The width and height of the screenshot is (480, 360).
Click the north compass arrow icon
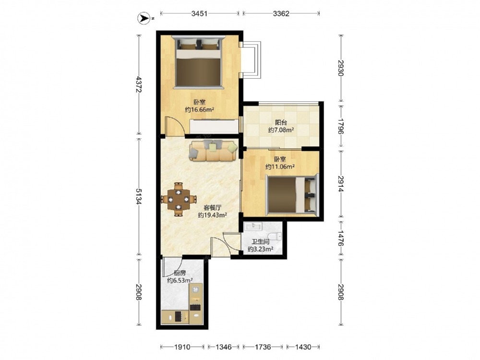(x=143, y=18)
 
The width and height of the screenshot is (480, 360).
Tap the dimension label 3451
(x=200, y=13)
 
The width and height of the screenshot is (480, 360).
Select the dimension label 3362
(x=281, y=13)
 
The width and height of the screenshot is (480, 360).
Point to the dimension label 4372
(x=139, y=84)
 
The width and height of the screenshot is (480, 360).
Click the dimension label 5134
(x=139, y=196)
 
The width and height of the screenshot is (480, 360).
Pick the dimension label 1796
(x=341, y=126)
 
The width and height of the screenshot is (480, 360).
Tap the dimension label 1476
(x=341, y=238)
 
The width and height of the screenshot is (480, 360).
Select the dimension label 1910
(x=182, y=347)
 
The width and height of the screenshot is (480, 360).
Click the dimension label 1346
(x=224, y=347)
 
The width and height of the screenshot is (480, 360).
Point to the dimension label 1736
(x=263, y=347)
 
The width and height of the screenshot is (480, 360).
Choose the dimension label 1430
(x=303, y=347)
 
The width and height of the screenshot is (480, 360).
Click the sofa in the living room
(x=214, y=150)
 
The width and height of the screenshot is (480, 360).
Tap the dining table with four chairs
(x=178, y=200)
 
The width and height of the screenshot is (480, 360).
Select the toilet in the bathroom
(x=278, y=236)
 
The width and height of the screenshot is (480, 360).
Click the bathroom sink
(x=253, y=226)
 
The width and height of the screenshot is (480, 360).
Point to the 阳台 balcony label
(x=281, y=123)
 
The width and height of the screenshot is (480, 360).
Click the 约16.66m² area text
(x=199, y=109)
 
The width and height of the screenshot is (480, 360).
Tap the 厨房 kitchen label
(x=180, y=273)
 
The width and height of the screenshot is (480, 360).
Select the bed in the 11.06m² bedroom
(x=292, y=194)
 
